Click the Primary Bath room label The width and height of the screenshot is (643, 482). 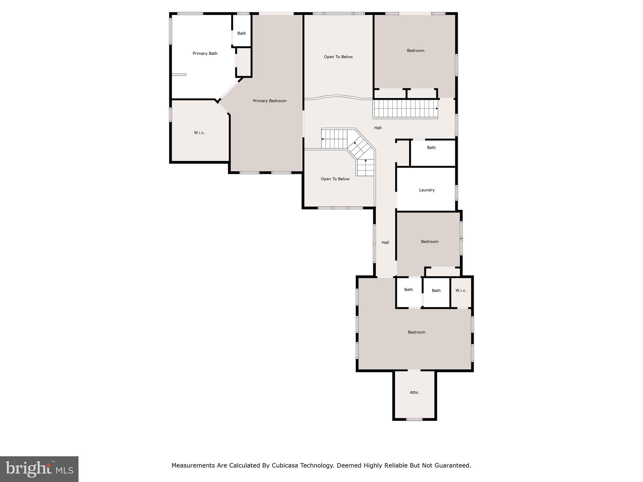point(205,53)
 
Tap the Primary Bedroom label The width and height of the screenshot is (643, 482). point(270,101)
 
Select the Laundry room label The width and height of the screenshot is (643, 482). point(427,190)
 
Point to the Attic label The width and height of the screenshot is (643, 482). point(414,392)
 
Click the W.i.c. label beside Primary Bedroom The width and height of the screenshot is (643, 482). point(199,133)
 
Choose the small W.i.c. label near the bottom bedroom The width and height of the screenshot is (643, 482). point(461,290)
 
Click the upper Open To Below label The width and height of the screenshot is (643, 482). point(338,57)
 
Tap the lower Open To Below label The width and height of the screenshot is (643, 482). point(335,179)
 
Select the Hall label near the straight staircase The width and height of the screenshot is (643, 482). point(378,128)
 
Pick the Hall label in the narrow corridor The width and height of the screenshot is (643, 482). point(385,242)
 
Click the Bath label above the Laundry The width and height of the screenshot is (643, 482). point(431,147)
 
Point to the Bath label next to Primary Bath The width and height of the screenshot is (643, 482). point(242,33)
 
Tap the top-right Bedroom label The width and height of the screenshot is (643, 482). point(416,51)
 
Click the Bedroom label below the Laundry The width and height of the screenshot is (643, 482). point(430,241)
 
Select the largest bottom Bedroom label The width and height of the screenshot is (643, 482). point(417,332)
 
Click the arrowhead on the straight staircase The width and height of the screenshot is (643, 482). point(437,109)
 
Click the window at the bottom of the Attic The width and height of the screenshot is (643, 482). point(414,419)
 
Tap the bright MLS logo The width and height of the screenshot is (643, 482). point(39,469)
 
